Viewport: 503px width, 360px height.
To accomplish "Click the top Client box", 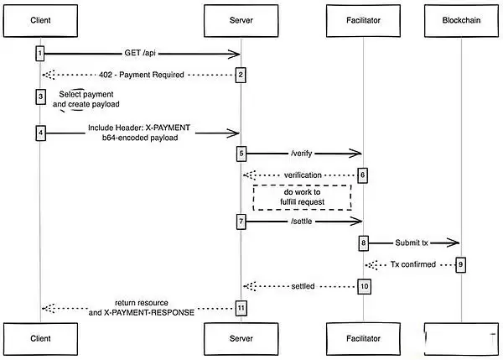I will click(39, 19).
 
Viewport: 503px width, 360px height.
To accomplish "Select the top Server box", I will click(241, 19).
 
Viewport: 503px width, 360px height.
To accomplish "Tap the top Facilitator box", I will click(363, 19).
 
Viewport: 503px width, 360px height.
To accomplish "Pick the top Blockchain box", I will click(461, 19).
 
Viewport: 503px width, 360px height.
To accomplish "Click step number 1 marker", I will click(39, 54).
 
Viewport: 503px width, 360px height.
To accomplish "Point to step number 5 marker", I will click(241, 154).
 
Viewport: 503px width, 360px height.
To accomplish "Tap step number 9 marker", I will click(459, 264).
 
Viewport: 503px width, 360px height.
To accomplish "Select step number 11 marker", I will click(241, 308).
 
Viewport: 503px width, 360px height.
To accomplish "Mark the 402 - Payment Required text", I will click(139, 75).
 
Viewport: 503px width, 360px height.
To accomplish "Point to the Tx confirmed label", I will click(412, 264).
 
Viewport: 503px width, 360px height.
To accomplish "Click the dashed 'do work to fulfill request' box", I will click(301, 197).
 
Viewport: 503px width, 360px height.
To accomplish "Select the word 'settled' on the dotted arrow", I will click(302, 286).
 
